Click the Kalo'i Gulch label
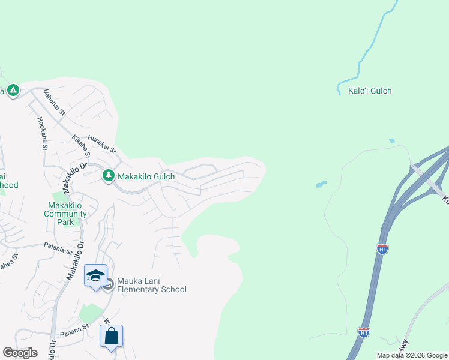(x=370, y=91)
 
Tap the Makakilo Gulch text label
(x=146, y=176)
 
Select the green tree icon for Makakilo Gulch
(x=108, y=176)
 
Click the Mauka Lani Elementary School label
(x=152, y=285)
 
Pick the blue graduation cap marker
(x=95, y=275)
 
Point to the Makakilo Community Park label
(x=66, y=214)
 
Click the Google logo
(x=20, y=353)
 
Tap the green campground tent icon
(x=13, y=91)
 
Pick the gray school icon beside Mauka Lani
(x=108, y=284)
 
